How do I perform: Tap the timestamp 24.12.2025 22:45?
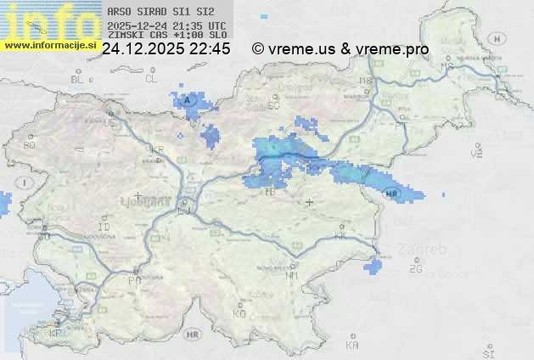point(166,49)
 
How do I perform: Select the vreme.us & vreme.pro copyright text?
point(340,49)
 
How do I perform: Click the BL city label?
point(77,79)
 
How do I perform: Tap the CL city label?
point(152,79)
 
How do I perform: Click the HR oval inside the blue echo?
point(391,194)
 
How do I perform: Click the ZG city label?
point(415,269)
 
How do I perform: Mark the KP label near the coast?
point(56,334)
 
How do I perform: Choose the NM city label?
point(292,275)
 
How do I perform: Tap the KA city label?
point(352,346)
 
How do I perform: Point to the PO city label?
point(134,280)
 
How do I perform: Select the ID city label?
point(104,228)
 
